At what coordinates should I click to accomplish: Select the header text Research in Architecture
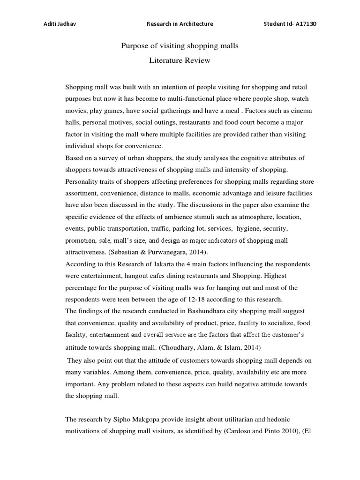[180, 24]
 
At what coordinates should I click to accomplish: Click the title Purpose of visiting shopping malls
[180, 46]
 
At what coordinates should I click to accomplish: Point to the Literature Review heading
[180, 60]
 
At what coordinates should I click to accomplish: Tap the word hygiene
[252, 228]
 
